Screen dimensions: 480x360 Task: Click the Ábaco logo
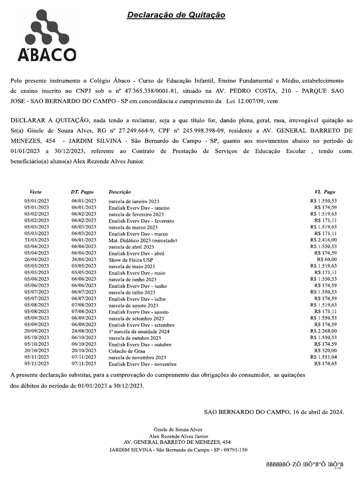47,36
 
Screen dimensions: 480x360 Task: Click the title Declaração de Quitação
176,15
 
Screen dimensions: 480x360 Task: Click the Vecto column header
36,192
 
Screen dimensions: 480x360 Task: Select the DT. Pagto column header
82,192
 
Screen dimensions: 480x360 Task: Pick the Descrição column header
120,192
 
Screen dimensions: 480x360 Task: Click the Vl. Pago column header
325,192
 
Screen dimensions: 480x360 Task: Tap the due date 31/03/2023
37,240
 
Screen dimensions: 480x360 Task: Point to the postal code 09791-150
234,450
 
